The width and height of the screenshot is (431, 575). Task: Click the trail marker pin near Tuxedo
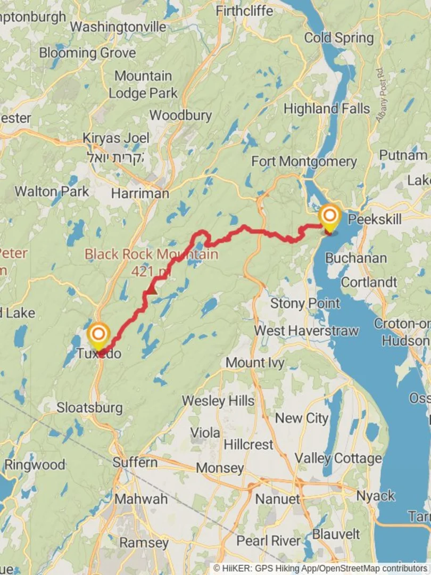(x=98, y=335)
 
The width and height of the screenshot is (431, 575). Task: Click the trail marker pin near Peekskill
(x=330, y=217)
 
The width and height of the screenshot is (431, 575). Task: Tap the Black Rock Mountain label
(x=151, y=254)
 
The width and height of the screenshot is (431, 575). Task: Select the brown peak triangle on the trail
(x=152, y=290)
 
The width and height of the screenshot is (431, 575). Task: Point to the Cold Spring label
(x=339, y=38)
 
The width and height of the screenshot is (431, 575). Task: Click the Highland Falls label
(x=326, y=109)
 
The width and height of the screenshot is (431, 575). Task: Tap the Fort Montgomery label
(x=304, y=161)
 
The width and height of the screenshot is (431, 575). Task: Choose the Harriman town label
(x=141, y=193)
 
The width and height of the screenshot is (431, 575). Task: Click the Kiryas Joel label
(x=116, y=138)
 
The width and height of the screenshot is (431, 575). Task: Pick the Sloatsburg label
(x=89, y=408)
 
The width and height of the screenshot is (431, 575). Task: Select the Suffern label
(x=135, y=462)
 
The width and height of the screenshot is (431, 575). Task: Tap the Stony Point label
(x=305, y=303)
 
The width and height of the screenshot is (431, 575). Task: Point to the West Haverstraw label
(x=306, y=331)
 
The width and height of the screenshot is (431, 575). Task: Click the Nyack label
(x=376, y=496)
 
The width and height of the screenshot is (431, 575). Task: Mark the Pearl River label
(x=268, y=540)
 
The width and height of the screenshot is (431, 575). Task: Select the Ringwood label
(x=35, y=464)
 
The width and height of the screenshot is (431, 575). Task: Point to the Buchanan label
(x=355, y=258)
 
